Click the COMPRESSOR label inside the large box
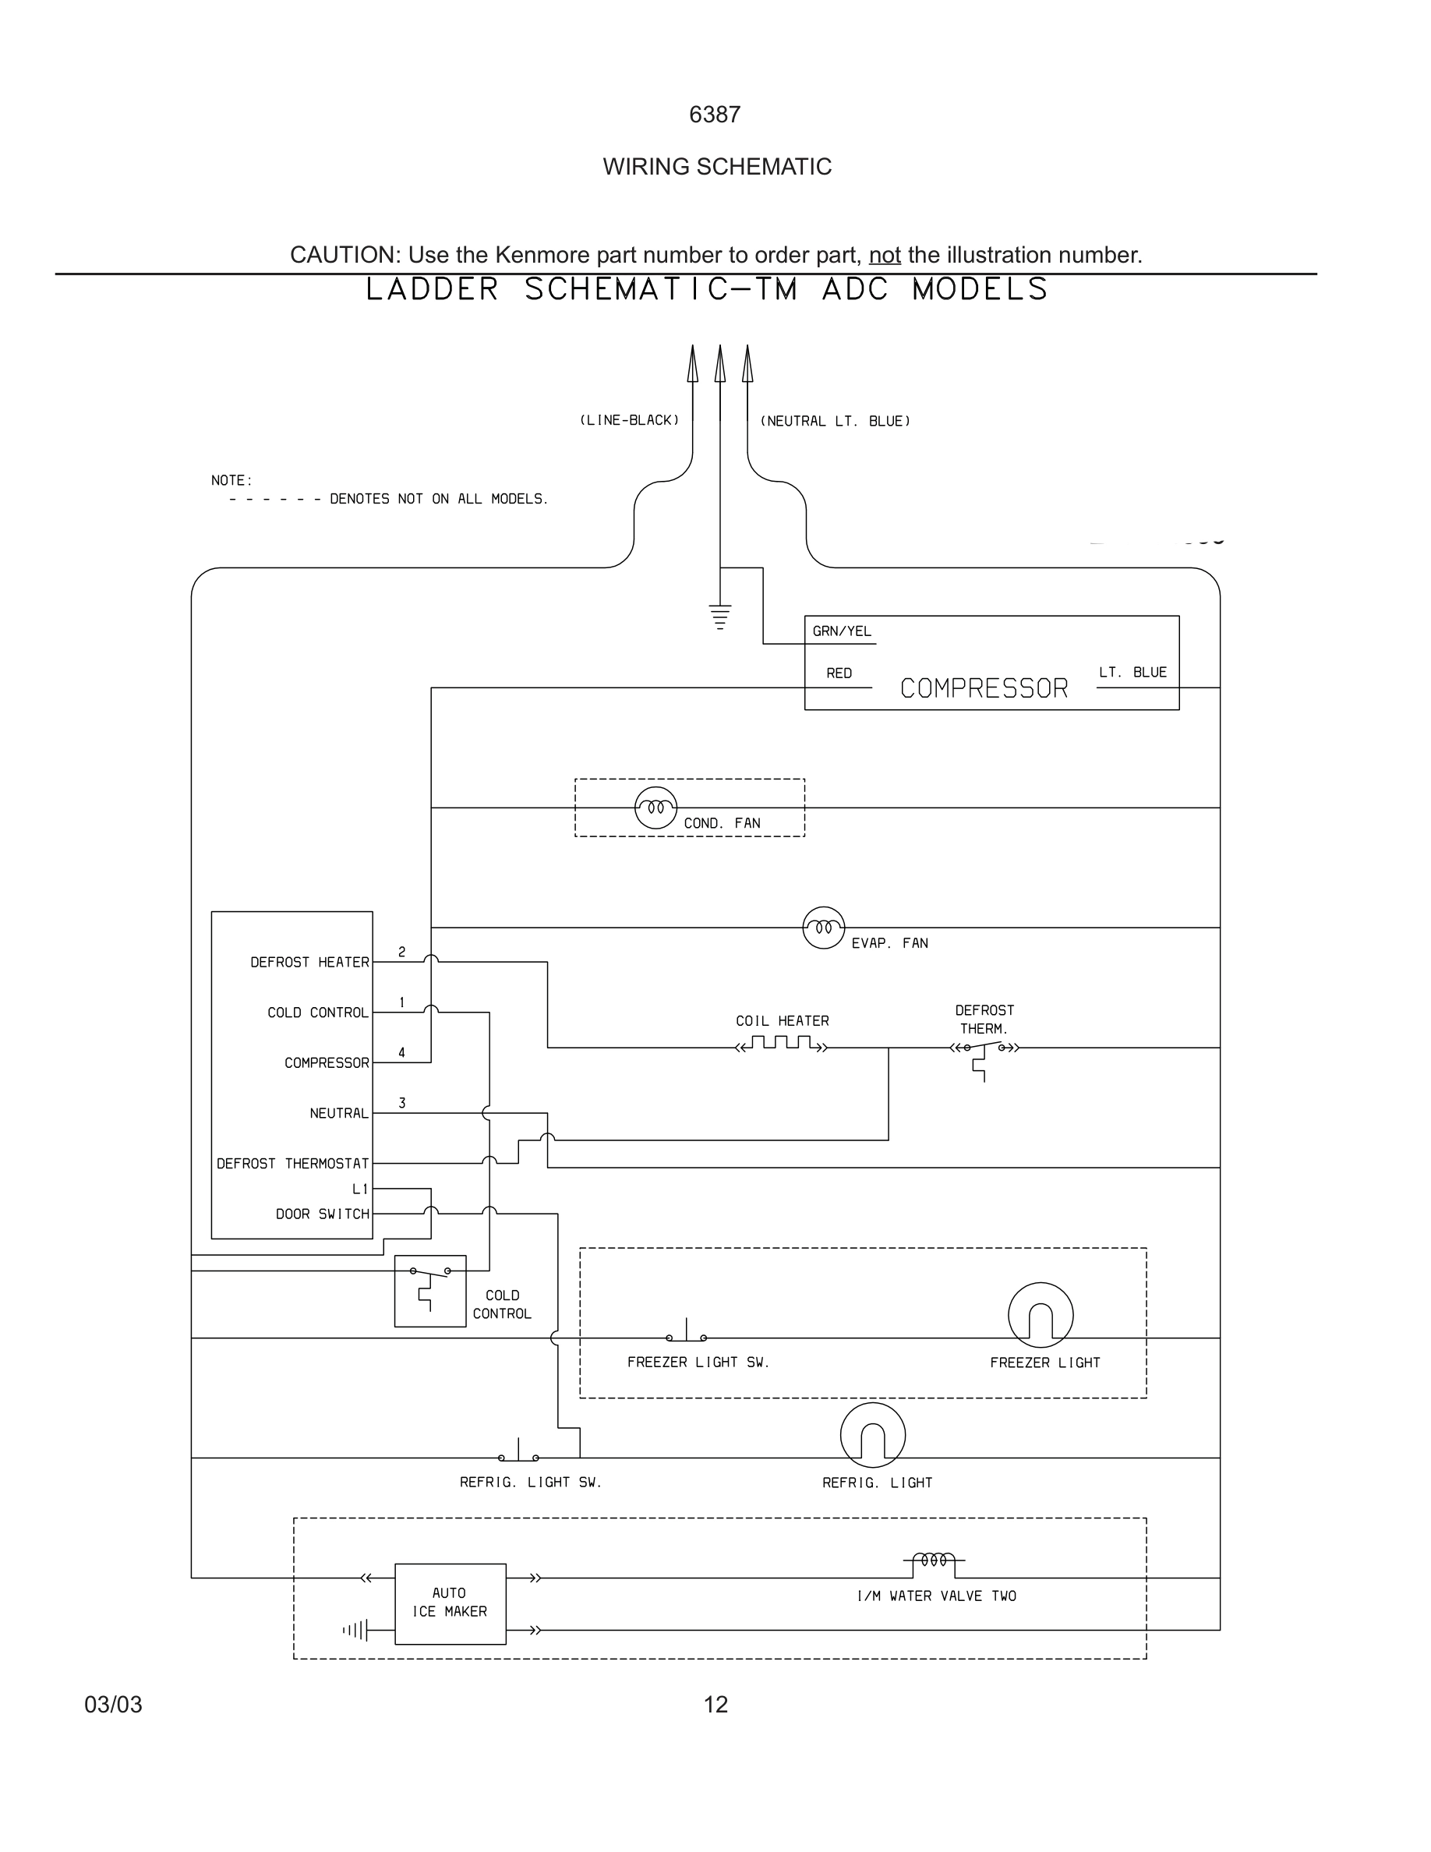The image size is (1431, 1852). coord(984,687)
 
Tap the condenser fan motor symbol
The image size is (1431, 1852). coord(655,808)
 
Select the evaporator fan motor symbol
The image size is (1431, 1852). coord(823,927)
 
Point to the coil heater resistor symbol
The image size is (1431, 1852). coord(781,1044)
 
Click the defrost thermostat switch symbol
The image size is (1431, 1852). coord(984,1051)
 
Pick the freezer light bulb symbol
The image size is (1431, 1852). coord(1041,1314)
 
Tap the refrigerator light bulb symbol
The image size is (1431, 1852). coord(872,1435)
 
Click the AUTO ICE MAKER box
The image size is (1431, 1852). coord(450,1603)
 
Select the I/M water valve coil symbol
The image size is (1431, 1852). coord(934,1560)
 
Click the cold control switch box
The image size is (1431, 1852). coord(429,1291)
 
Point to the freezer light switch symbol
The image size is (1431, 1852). coord(686,1334)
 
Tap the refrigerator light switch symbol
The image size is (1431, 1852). coord(518,1454)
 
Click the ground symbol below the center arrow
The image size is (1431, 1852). coord(719,617)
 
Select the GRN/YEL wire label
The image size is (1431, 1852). coord(841,631)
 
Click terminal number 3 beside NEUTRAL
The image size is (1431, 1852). coord(402,1102)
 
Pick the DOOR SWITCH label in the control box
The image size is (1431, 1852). coord(322,1214)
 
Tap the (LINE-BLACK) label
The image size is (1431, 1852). coord(629,421)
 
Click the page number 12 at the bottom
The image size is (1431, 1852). coord(715,1705)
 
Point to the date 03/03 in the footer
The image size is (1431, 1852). coord(113,1705)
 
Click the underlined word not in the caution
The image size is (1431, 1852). coord(884,254)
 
